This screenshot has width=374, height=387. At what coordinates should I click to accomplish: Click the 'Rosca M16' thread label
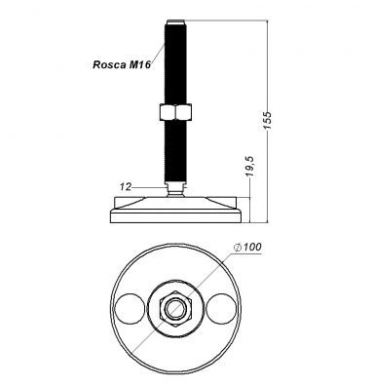[122, 64]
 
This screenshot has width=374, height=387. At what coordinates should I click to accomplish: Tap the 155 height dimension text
[267, 120]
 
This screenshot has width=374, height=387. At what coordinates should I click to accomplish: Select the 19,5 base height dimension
[250, 167]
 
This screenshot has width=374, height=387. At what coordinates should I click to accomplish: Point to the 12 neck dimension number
[126, 187]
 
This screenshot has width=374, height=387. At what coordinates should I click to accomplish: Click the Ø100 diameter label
[247, 247]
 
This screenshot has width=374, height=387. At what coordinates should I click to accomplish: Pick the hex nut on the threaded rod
[175, 112]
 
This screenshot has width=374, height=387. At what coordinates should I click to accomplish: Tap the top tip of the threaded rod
[175, 20]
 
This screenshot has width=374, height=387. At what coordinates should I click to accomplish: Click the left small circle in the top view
[131, 307]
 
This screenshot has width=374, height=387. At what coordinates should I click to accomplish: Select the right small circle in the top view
[221, 307]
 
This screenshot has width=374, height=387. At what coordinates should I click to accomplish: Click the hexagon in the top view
[175, 308]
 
